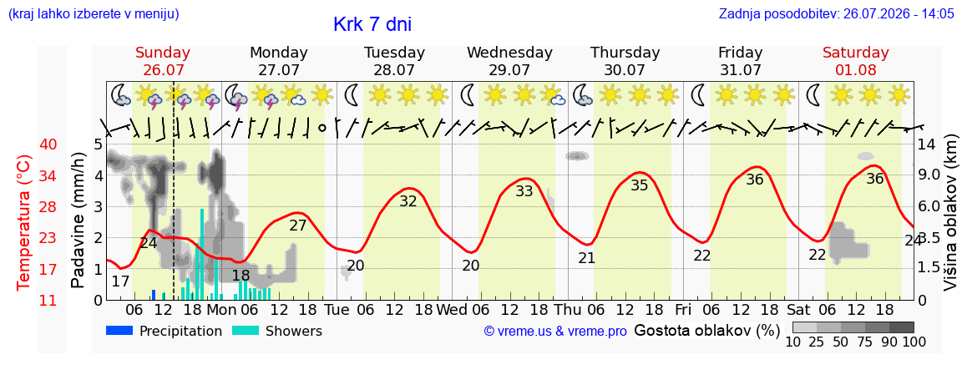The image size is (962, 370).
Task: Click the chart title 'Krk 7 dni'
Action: (x=372, y=24)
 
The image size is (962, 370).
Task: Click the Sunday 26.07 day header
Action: (x=163, y=61)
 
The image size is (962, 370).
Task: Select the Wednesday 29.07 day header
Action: (x=510, y=61)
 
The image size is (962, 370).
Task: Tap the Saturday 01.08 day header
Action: (x=856, y=61)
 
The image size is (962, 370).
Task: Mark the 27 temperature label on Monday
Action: (x=297, y=226)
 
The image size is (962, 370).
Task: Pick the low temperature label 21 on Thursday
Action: (x=586, y=258)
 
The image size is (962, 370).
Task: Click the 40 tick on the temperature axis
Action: (x=48, y=144)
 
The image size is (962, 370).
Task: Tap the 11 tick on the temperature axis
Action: (x=48, y=300)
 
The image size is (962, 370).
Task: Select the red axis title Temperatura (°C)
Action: (x=23, y=223)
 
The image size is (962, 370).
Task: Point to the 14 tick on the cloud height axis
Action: (x=926, y=144)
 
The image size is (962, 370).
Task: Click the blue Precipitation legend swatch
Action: (x=119, y=331)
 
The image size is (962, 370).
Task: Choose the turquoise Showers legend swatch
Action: (x=246, y=331)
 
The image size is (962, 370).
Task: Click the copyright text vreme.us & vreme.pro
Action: (x=555, y=332)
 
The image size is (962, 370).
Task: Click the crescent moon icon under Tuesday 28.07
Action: (x=352, y=95)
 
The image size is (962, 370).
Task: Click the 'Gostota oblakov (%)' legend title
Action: (x=706, y=332)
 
